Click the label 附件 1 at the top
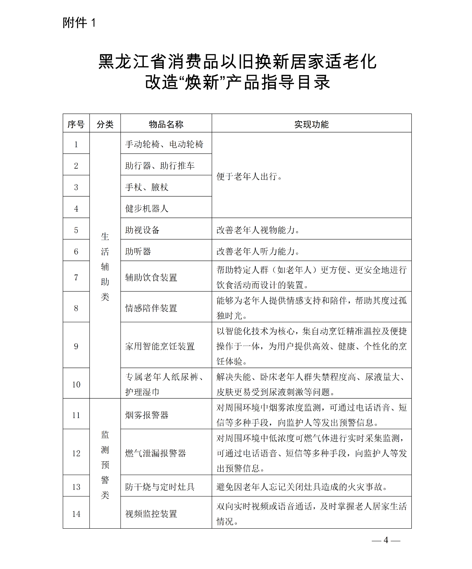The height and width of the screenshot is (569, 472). point(79,23)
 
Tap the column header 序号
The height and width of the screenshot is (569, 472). point(76,124)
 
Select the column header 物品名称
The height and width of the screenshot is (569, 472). point(166,124)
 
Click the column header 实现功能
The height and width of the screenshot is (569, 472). point(311,124)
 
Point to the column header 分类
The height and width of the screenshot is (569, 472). point(105,124)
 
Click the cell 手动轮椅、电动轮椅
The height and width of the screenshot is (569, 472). point(164,144)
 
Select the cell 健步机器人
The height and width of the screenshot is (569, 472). point(146,209)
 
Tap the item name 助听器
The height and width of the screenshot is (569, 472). point(138,252)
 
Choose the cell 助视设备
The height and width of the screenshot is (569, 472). point(142,230)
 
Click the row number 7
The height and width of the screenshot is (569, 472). point(76,277)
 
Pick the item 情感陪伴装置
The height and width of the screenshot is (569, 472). point(151,308)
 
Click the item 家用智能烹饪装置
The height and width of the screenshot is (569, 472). point(160,346)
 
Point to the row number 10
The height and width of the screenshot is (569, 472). point(76,384)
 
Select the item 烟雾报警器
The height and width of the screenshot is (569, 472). point(146,415)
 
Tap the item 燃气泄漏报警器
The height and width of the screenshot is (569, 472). point(155,453)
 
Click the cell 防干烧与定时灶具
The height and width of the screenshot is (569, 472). point(160,487)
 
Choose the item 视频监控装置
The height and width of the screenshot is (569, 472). point(151,514)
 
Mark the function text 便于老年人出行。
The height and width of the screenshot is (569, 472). point(250,176)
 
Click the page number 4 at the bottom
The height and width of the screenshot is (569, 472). point(386,540)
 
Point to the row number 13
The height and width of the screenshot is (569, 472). point(76,487)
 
